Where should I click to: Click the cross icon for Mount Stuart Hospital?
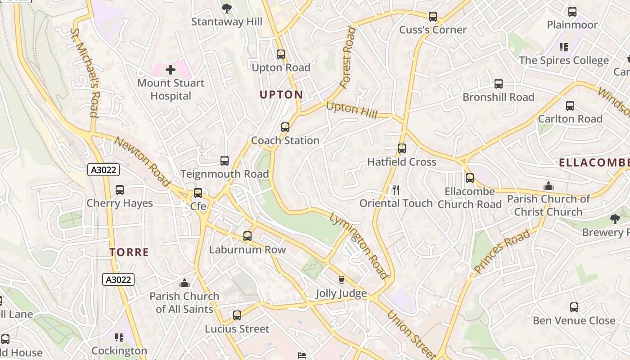[x=171, y=70]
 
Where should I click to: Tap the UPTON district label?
[x=281, y=94]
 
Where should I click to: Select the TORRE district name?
[x=129, y=252]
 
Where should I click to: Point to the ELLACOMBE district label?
[x=594, y=163]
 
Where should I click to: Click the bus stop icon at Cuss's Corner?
[x=433, y=17]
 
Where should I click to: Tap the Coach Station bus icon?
[x=285, y=127]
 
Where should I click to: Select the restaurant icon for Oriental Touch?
[x=396, y=190]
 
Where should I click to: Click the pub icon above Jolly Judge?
[x=341, y=280]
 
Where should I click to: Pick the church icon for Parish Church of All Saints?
[x=184, y=283]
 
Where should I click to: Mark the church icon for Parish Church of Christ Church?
[x=548, y=186]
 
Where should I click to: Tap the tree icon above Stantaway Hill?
[x=227, y=8]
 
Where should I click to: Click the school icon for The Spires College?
[x=564, y=47]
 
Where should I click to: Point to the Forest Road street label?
[x=348, y=57]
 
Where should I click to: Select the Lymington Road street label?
[x=359, y=245]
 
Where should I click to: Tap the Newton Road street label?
[x=142, y=162]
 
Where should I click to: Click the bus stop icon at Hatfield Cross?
[x=402, y=148]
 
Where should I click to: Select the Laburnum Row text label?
[x=247, y=250]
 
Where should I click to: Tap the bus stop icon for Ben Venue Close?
[x=574, y=307]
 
